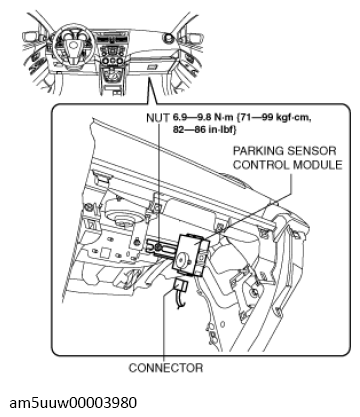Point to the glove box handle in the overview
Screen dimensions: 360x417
[152, 67]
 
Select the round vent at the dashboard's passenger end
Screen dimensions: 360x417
[168, 37]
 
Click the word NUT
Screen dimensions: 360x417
[157, 117]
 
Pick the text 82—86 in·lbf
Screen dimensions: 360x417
[204, 130]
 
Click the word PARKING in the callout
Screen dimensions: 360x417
[258, 151]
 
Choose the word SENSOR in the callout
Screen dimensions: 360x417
[311, 151]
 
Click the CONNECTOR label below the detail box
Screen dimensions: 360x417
[166, 368]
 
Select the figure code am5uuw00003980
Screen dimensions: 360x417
[73, 403]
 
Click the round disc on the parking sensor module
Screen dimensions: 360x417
[182, 259]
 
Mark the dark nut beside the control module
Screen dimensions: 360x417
[159, 248]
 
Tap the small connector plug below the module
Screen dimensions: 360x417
[181, 285]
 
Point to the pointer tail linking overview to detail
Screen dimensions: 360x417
[152, 90]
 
